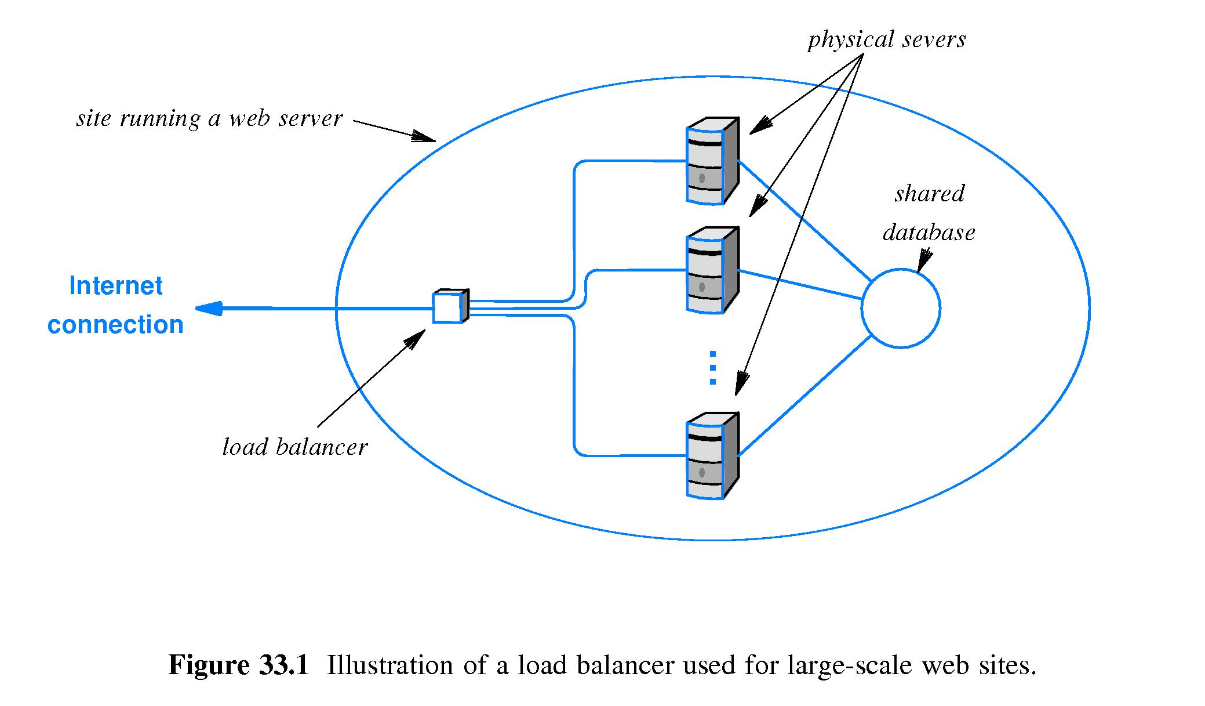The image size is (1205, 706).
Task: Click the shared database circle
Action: point(901,309)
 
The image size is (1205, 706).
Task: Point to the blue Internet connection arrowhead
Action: point(209,308)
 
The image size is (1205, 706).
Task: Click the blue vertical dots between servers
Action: point(712,368)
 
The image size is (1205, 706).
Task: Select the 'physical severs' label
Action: point(886,39)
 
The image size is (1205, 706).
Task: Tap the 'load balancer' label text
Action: point(295,447)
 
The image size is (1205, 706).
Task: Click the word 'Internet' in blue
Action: point(116,286)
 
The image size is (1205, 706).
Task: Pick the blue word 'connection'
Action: point(115,325)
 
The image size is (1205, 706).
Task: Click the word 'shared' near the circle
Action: point(929,194)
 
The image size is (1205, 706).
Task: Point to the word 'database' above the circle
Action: point(929,233)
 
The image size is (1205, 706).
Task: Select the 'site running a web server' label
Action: point(210,118)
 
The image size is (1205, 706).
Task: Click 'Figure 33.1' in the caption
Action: point(239,665)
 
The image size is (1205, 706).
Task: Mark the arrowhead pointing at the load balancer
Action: point(416,338)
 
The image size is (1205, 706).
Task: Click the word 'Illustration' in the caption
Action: point(389,665)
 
